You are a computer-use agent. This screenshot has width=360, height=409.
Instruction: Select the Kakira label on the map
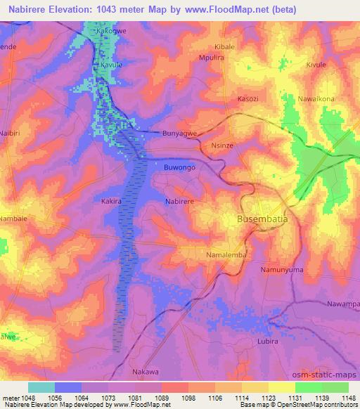111,200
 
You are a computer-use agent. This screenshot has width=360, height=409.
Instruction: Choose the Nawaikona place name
317,99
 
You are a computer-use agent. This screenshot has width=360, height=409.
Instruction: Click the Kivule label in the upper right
316,65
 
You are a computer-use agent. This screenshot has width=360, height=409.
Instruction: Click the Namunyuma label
282,269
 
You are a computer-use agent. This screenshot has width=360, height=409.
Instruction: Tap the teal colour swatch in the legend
41,387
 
